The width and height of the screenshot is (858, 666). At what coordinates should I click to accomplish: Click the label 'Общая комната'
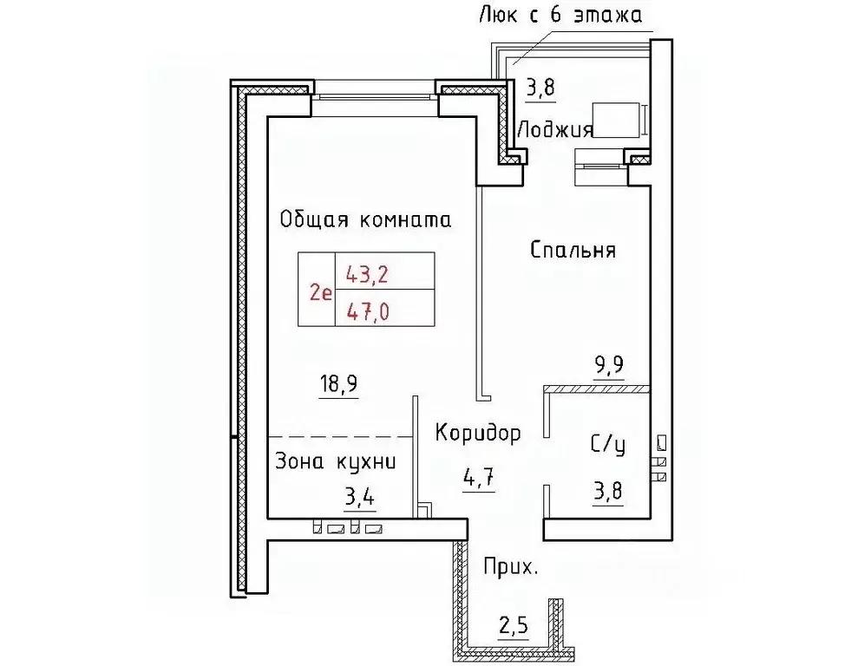pyautogui.click(x=365, y=219)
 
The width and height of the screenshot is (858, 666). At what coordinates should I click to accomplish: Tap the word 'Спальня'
pyautogui.click(x=573, y=251)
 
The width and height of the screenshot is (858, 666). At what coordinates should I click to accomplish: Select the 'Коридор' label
pyautogui.click(x=478, y=433)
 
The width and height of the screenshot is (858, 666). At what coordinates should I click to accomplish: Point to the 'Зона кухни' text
pyautogui.click(x=335, y=462)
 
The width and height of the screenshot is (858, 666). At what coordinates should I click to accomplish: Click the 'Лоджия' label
pyautogui.click(x=554, y=130)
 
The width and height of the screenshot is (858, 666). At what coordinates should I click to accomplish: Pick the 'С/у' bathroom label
pyautogui.click(x=607, y=446)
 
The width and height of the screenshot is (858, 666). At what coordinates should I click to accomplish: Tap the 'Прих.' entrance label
pyautogui.click(x=510, y=570)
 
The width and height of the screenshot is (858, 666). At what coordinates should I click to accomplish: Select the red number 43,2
pyautogui.click(x=366, y=275)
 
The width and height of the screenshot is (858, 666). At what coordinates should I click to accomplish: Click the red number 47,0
pyautogui.click(x=366, y=311)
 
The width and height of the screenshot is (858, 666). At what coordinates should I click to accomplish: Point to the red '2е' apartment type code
pyautogui.click(x=319, y=293)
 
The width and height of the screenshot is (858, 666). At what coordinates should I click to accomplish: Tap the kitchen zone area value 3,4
pyautogui.click(x=363, y=499)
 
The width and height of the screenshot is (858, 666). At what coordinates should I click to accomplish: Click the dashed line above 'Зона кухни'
pyautogui.click(x=339, y=435)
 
